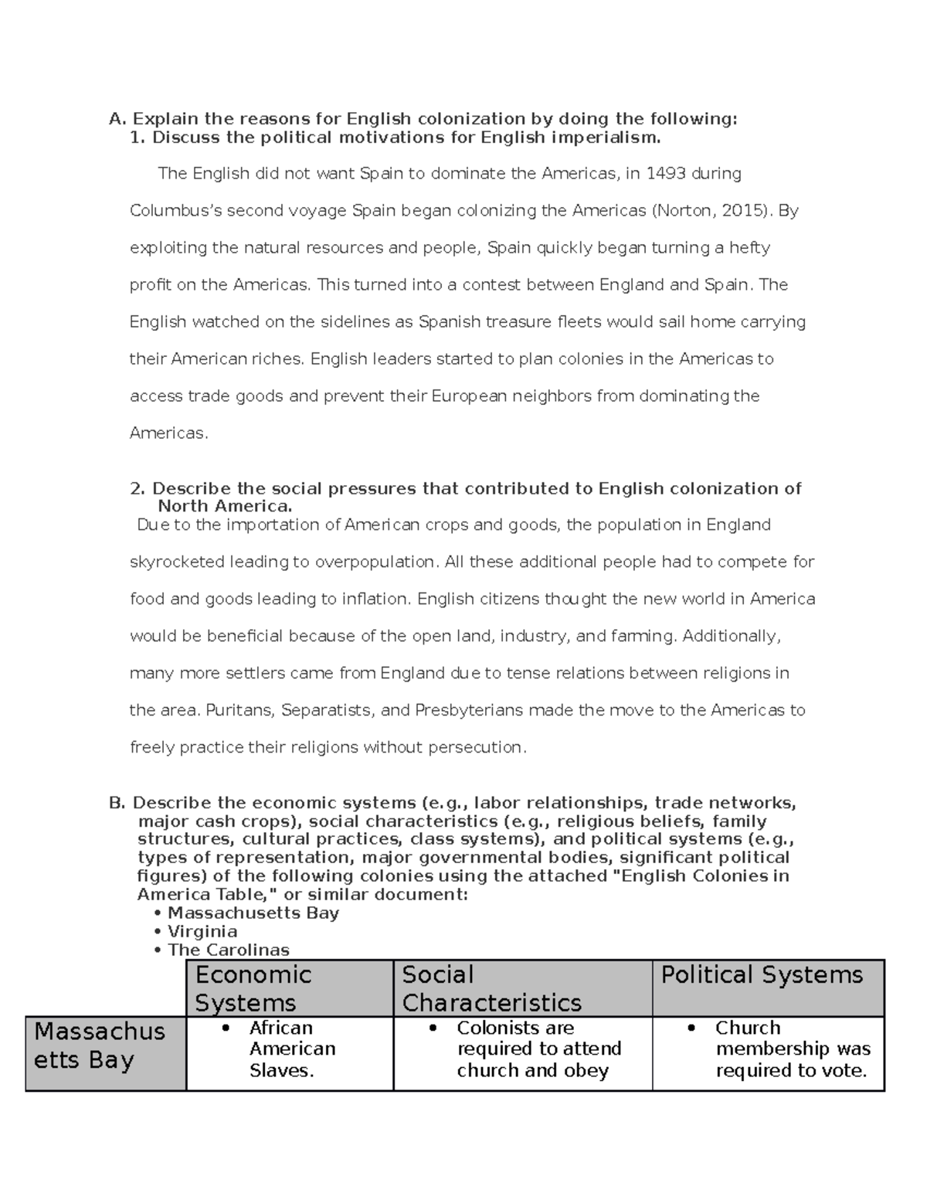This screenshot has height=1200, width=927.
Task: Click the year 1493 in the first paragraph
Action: point(667,174)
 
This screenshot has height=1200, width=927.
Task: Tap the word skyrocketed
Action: point(177,562)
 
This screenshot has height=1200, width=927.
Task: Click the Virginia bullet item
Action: point(202,931)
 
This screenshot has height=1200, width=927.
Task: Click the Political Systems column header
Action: point(762,975)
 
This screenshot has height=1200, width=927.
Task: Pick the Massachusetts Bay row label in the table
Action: point(100,1045)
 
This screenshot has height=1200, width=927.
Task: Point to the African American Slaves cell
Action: point(292,1049)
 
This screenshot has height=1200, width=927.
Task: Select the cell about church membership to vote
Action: point(792,1049)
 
